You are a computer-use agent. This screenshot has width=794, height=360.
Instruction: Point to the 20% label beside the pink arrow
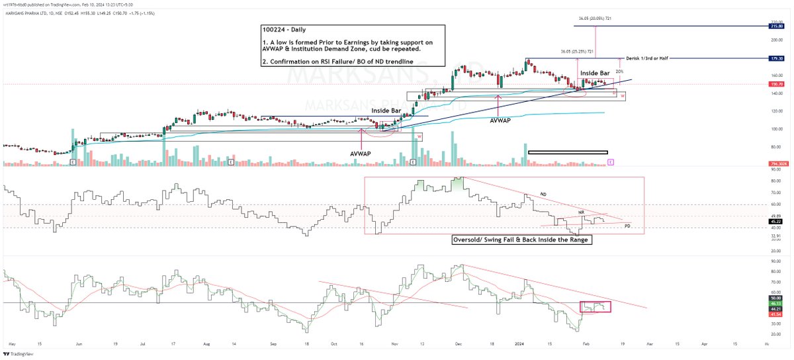619,71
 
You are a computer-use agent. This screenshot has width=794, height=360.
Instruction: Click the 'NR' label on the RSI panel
581,212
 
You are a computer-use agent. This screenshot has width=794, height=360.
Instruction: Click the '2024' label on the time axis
515,345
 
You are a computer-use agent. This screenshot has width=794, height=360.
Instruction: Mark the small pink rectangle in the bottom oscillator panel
595,307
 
